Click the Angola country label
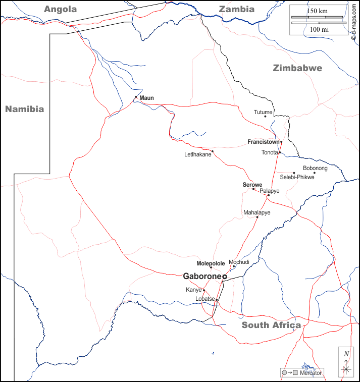[60, 9]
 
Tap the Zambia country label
[236, 9]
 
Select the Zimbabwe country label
[297, 68]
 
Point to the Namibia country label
[24, 108]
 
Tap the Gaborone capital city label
[202, 276]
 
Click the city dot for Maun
[136, 97]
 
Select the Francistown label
[264, 142]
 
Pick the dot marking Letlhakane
[213, 151]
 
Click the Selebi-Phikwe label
[297, 177]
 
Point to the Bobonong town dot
[314, 173]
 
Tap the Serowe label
[252, 185]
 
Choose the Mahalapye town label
[257, 212]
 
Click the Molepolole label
[211, 263]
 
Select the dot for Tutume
[265, 117]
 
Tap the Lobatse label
[205, 299]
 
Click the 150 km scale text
[318, 11]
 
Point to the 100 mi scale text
[319, 30]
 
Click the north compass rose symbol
[346, 363]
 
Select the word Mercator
[311, 373]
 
